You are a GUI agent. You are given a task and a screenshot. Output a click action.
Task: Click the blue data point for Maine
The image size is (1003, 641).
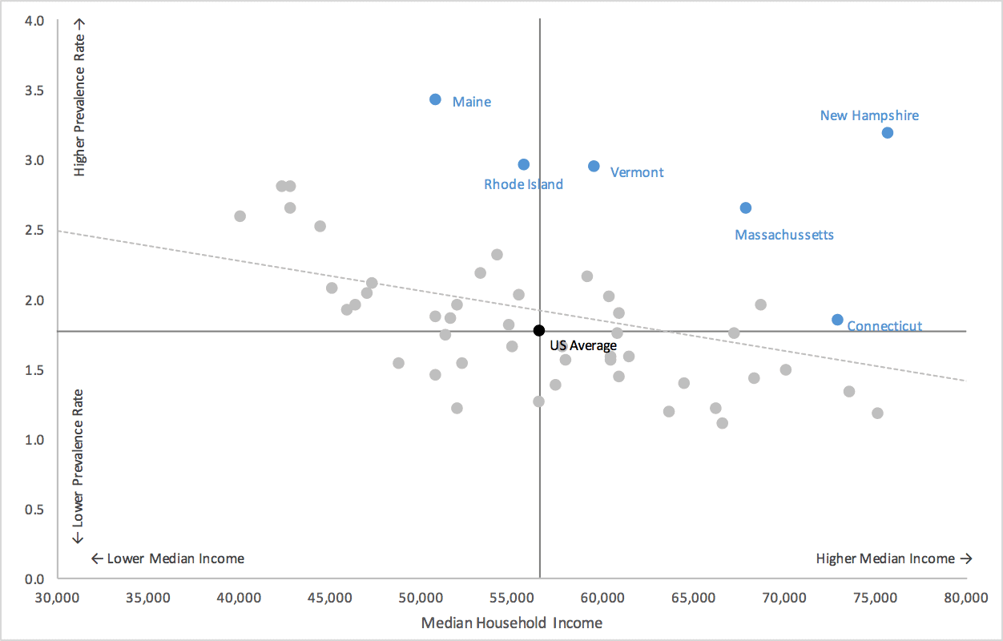pos(435,99)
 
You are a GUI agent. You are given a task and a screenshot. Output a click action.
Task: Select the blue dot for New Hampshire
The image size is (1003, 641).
pos(888,132)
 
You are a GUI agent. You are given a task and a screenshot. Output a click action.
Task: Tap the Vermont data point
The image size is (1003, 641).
pos(594,166)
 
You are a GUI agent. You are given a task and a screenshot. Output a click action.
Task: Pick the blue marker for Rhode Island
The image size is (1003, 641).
pos(524,164)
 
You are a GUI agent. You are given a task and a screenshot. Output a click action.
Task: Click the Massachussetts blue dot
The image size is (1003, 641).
pos(746,208)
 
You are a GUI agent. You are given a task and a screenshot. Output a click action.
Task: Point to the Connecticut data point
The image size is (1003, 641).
pos(837,320)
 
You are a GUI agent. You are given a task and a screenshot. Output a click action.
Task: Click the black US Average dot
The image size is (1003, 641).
pos(539,330)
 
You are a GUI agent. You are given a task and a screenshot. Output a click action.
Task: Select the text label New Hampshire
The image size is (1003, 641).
pos(869,115)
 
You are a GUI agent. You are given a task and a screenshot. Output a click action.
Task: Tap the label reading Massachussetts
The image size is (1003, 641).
pos(784,235)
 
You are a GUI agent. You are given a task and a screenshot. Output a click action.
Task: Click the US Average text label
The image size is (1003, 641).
pos(583,345)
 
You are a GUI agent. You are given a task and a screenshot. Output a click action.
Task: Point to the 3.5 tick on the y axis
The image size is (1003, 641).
pos(34,90)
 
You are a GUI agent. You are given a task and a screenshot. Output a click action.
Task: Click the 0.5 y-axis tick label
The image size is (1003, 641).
pos(34,509)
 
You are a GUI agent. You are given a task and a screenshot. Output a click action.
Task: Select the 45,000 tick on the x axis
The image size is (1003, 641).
pos(330,597)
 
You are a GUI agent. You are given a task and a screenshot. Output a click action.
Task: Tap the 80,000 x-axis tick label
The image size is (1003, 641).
pos(965,597)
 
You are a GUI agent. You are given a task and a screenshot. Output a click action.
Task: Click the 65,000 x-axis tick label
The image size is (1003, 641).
pos(693,597)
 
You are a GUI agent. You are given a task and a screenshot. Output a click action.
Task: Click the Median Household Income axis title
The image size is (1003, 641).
pos(512,623)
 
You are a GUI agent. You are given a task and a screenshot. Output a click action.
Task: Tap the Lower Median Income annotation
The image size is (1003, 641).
pos(168,558)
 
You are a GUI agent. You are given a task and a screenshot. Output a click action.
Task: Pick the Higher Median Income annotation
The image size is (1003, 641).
pos(893,558)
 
